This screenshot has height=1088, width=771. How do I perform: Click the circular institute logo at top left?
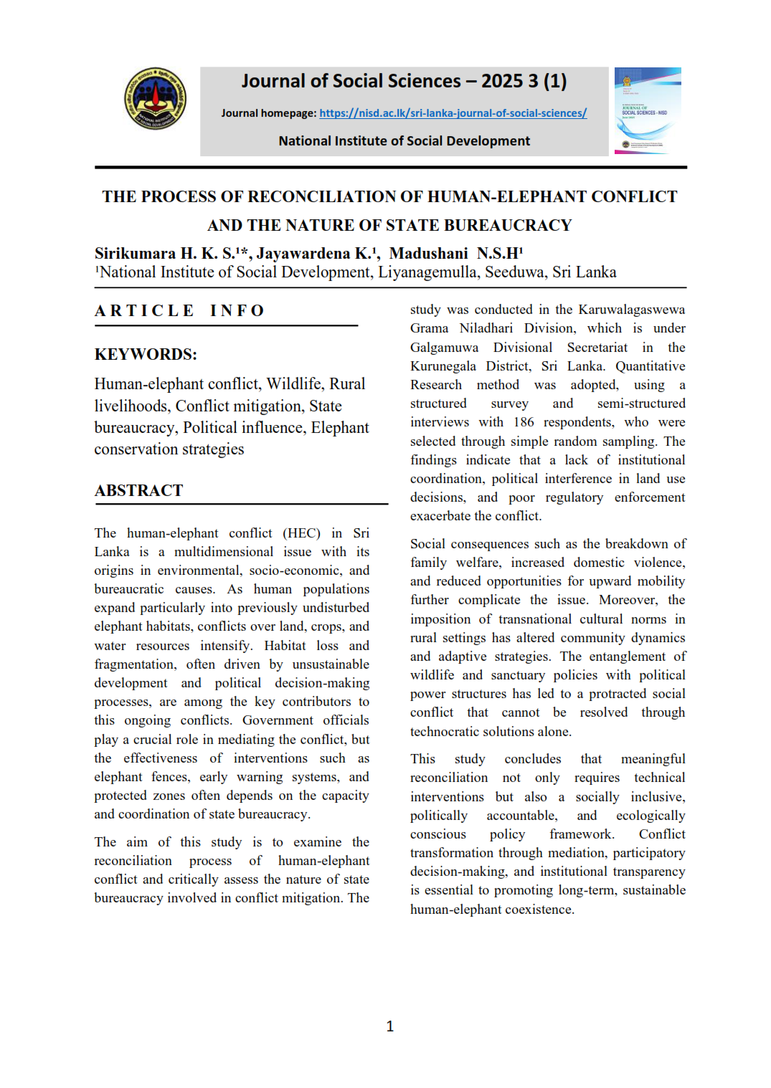155,99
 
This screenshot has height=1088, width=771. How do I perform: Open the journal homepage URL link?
453,113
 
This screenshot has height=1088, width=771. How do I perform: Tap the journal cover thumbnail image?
648,110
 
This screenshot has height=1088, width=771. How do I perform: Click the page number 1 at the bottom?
389,1026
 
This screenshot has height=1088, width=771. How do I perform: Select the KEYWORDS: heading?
146,354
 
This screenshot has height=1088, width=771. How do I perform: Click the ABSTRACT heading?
139,490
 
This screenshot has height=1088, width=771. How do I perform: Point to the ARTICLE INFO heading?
180,310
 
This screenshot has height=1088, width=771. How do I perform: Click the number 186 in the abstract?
524,422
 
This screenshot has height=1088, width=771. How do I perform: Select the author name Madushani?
428,254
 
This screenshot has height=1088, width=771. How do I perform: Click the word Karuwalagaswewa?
631,310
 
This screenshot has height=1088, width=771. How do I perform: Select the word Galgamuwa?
444,348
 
